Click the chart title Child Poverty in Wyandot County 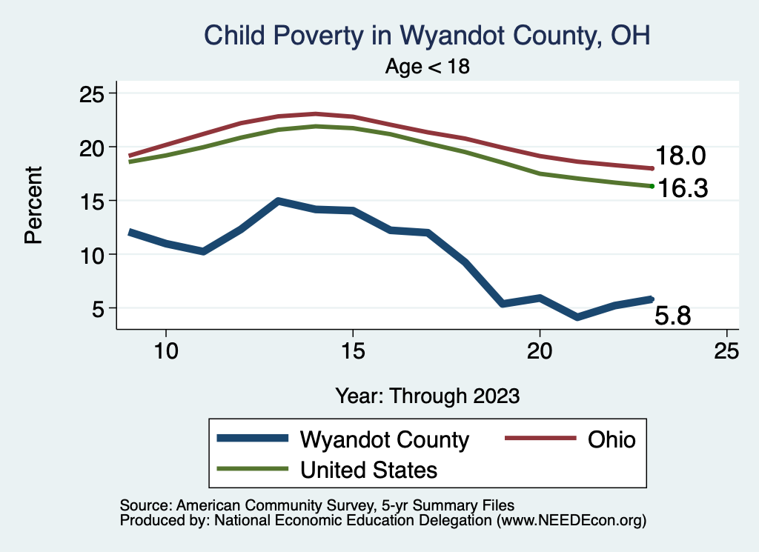coord(426,35)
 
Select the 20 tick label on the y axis coord(93,147)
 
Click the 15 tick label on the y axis coord(93,200)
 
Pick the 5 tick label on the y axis coord(100,307)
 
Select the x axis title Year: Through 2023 coord(427,395)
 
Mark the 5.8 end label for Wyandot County coord(673,316)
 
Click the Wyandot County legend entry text coord(384,439)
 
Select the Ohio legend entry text coord(611,439)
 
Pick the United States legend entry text coord(368,469)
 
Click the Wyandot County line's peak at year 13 coord(277,201)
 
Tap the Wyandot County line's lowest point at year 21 coord(577,317)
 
